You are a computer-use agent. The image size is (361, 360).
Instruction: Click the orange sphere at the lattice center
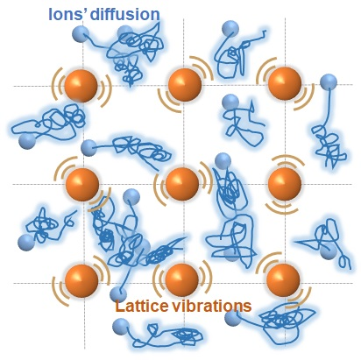182,184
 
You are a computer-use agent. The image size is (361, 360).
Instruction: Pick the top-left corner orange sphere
81,86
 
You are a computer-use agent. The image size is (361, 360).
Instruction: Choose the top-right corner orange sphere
285,83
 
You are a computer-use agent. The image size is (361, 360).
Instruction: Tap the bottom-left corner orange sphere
81,281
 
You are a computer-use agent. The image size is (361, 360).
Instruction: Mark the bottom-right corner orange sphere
283,280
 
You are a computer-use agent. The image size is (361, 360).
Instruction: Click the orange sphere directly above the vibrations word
181,280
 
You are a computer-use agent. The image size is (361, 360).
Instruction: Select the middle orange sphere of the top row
185,85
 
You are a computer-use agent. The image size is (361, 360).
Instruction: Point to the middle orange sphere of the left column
82,184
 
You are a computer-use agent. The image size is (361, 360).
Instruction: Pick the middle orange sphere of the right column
285,184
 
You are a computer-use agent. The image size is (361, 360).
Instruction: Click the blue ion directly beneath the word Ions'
81,34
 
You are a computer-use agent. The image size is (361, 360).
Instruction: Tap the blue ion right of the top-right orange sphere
329,82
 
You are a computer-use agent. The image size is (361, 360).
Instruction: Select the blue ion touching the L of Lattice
118,294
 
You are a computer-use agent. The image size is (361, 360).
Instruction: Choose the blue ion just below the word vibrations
233,318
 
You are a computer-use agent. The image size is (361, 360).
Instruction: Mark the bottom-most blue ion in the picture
121,327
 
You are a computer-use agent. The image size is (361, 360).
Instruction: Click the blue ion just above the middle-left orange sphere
88,148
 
